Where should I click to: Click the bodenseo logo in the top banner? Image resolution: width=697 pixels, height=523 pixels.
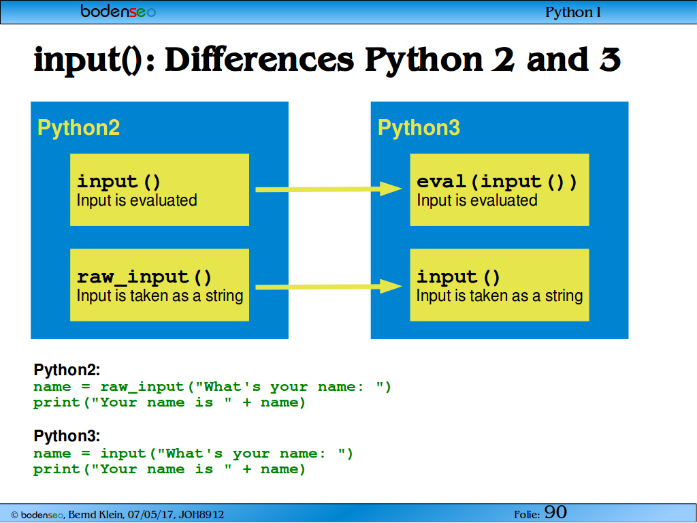(x=118, y=11)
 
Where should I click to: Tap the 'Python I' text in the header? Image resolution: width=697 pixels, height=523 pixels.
(x=573, y=12)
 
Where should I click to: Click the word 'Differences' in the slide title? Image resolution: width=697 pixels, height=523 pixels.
(x=259, y=60)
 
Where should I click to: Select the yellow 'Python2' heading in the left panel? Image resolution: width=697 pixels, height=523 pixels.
(x=79, y=127)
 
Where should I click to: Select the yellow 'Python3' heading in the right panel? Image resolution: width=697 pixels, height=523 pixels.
(x=419, y=127)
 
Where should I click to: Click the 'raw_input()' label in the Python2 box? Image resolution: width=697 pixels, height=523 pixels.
(x=144, y=277)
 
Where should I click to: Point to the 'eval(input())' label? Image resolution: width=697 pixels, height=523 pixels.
(x=496, y=182)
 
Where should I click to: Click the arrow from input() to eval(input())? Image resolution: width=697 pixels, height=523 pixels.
(x=329, y=189)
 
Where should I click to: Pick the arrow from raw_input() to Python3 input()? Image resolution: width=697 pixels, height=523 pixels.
(x=329, y=287)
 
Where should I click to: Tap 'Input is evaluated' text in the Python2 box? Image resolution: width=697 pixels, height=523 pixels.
(x=137, y=201)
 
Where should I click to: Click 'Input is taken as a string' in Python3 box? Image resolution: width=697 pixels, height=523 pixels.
(x=499, y=296)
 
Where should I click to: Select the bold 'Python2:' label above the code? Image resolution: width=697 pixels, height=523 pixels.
(x=67, y=370)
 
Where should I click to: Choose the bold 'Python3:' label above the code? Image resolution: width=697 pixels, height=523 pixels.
(x=67, y=436)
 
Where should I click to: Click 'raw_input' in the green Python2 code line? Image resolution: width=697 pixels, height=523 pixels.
(x=142, y=387)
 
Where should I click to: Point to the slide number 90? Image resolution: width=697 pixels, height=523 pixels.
(x=555, y=512)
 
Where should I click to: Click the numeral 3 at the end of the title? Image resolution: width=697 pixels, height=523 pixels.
(x=610, y=60)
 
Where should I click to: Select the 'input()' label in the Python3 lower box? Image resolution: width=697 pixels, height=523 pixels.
(x=458, y=277)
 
